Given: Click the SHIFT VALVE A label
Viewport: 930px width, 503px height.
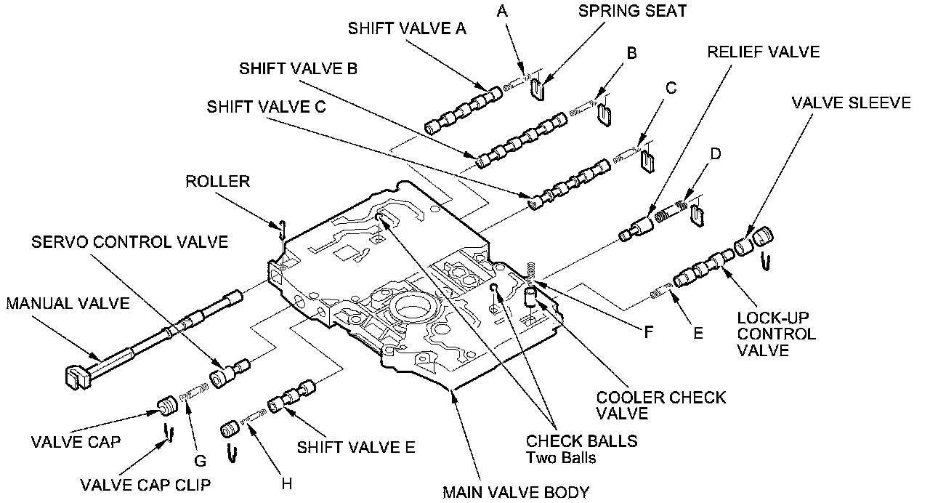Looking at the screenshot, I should pos(407,29).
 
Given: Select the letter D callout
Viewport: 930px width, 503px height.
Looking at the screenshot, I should pos(715,155).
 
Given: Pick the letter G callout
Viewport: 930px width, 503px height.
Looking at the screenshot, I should pos(201,461).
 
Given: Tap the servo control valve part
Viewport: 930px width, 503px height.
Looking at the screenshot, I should pos(228,372).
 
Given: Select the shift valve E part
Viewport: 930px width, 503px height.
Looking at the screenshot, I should pos(291,397).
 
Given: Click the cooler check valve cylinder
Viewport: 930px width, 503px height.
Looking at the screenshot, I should pos(531,296).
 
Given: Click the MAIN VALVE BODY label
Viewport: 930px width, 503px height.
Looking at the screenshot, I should pos(516,492).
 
